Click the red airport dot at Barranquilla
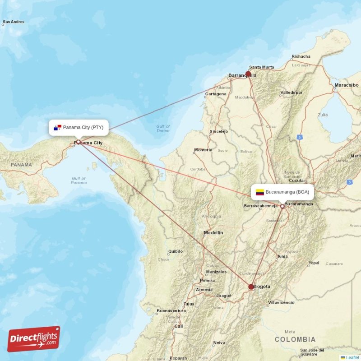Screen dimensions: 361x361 coord(248,74)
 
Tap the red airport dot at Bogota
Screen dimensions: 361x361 coord(251,287)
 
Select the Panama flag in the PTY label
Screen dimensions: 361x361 coord(57,128)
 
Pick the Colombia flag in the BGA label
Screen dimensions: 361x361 coord(259,192)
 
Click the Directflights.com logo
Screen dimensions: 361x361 coord(34,339)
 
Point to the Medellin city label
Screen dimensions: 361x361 coord(213,233)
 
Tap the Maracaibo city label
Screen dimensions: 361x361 coord(347,85)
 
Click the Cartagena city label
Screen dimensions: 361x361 coord(216,94)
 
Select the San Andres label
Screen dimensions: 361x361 coord(14,22)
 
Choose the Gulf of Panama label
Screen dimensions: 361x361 coord(79,180)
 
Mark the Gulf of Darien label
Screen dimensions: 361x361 coord(163,129)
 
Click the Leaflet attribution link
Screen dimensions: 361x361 coord(352,357)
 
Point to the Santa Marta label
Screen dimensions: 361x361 coord(261,67)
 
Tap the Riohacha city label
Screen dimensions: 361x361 coord(301,56)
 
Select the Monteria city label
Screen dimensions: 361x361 coord(203,150)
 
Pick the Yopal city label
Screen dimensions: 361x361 coord(314,263)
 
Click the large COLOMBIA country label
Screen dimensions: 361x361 coord(295,339)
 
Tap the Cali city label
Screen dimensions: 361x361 coord(179,326)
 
